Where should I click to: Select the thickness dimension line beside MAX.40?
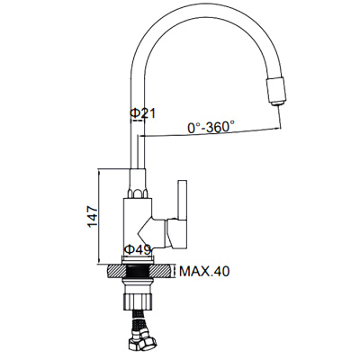coord(175,271)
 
